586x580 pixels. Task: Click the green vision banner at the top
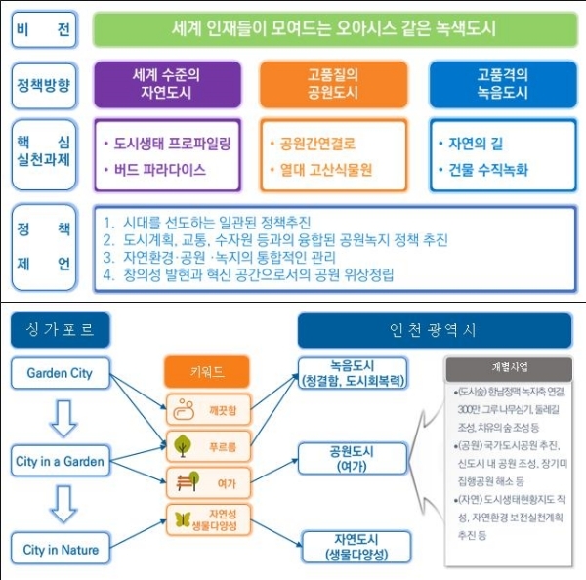332,29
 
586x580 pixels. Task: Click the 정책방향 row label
45,85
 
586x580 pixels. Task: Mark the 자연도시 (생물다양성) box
353,548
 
